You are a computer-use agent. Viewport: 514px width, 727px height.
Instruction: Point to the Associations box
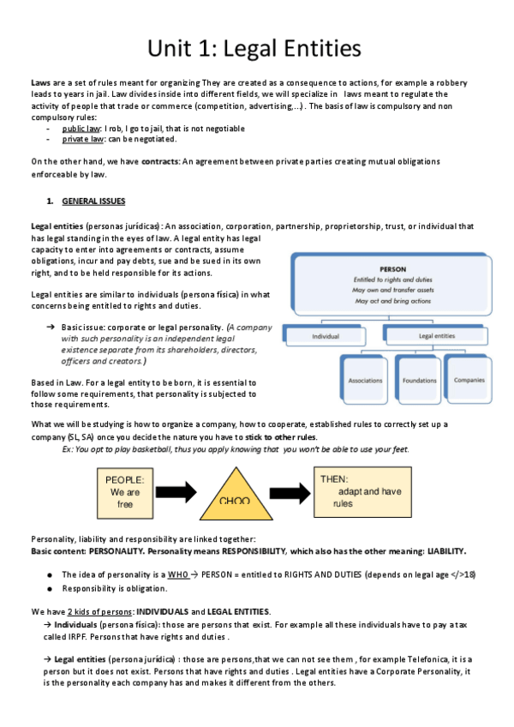[365, 379]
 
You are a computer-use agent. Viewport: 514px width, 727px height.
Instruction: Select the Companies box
[469, 379]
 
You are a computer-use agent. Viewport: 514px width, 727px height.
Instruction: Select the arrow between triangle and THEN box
[289, 490]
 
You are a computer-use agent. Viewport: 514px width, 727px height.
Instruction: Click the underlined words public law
[81, 127]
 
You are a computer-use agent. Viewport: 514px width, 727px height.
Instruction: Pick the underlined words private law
[82, 138]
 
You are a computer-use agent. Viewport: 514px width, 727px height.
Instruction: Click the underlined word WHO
[177, 573]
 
